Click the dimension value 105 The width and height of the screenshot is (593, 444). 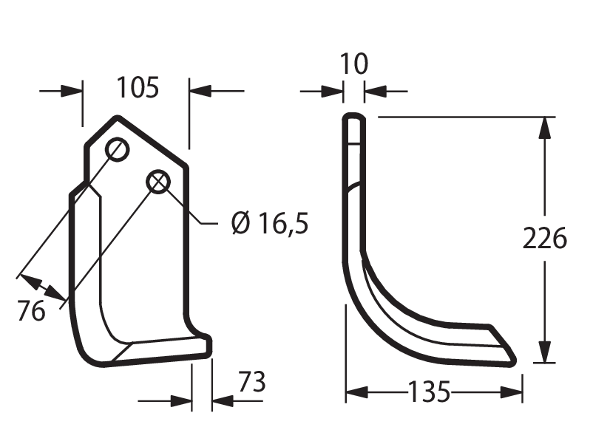[138, 87]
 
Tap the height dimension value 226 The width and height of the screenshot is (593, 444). [545, 239]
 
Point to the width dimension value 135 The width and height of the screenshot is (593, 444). [430, 392]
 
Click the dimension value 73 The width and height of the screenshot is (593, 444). [252, 382]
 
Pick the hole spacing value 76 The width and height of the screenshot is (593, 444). [31, 311]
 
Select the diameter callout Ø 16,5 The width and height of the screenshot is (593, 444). [270, 223]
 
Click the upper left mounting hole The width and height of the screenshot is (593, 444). [118, 150]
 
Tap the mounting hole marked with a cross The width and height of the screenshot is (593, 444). [158, 182]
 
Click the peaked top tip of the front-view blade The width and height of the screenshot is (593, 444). [118, 117]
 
